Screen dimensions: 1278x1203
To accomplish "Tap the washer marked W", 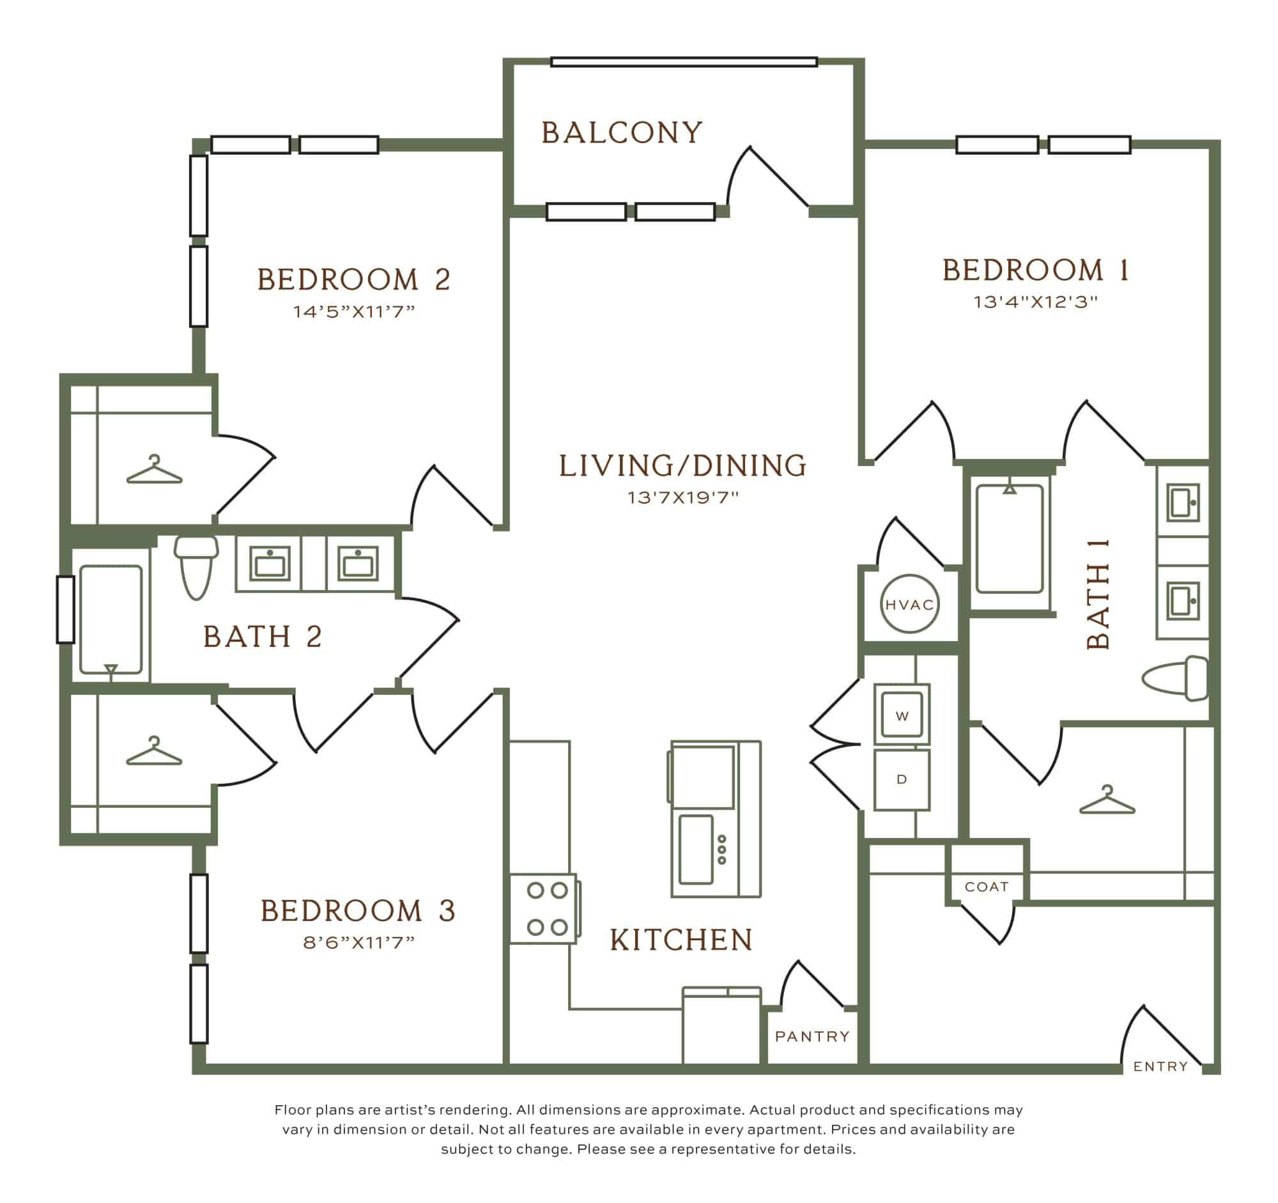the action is click(x=902, y=715).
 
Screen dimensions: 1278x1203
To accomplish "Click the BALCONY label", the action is click(x=622, y=133).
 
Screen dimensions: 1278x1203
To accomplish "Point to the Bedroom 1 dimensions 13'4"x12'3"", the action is click(x=1036, y=302).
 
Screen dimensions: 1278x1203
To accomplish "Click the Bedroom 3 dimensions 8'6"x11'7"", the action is click(x=358, y=943).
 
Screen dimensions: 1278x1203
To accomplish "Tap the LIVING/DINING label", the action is click(x=682, y=466).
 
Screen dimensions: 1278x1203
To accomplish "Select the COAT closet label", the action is click(x=987, y=887).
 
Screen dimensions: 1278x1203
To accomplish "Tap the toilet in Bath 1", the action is click(x=1175, y=679).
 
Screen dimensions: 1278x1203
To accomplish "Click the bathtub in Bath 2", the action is click(x=111, y=619).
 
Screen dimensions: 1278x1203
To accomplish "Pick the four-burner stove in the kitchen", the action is click(x=546, y=908).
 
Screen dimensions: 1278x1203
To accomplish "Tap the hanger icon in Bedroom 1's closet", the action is click(x=1107, y=800).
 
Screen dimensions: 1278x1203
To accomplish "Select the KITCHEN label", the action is click(x=681, y=940).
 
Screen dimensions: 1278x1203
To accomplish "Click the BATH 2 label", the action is click(x=262, y=637).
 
